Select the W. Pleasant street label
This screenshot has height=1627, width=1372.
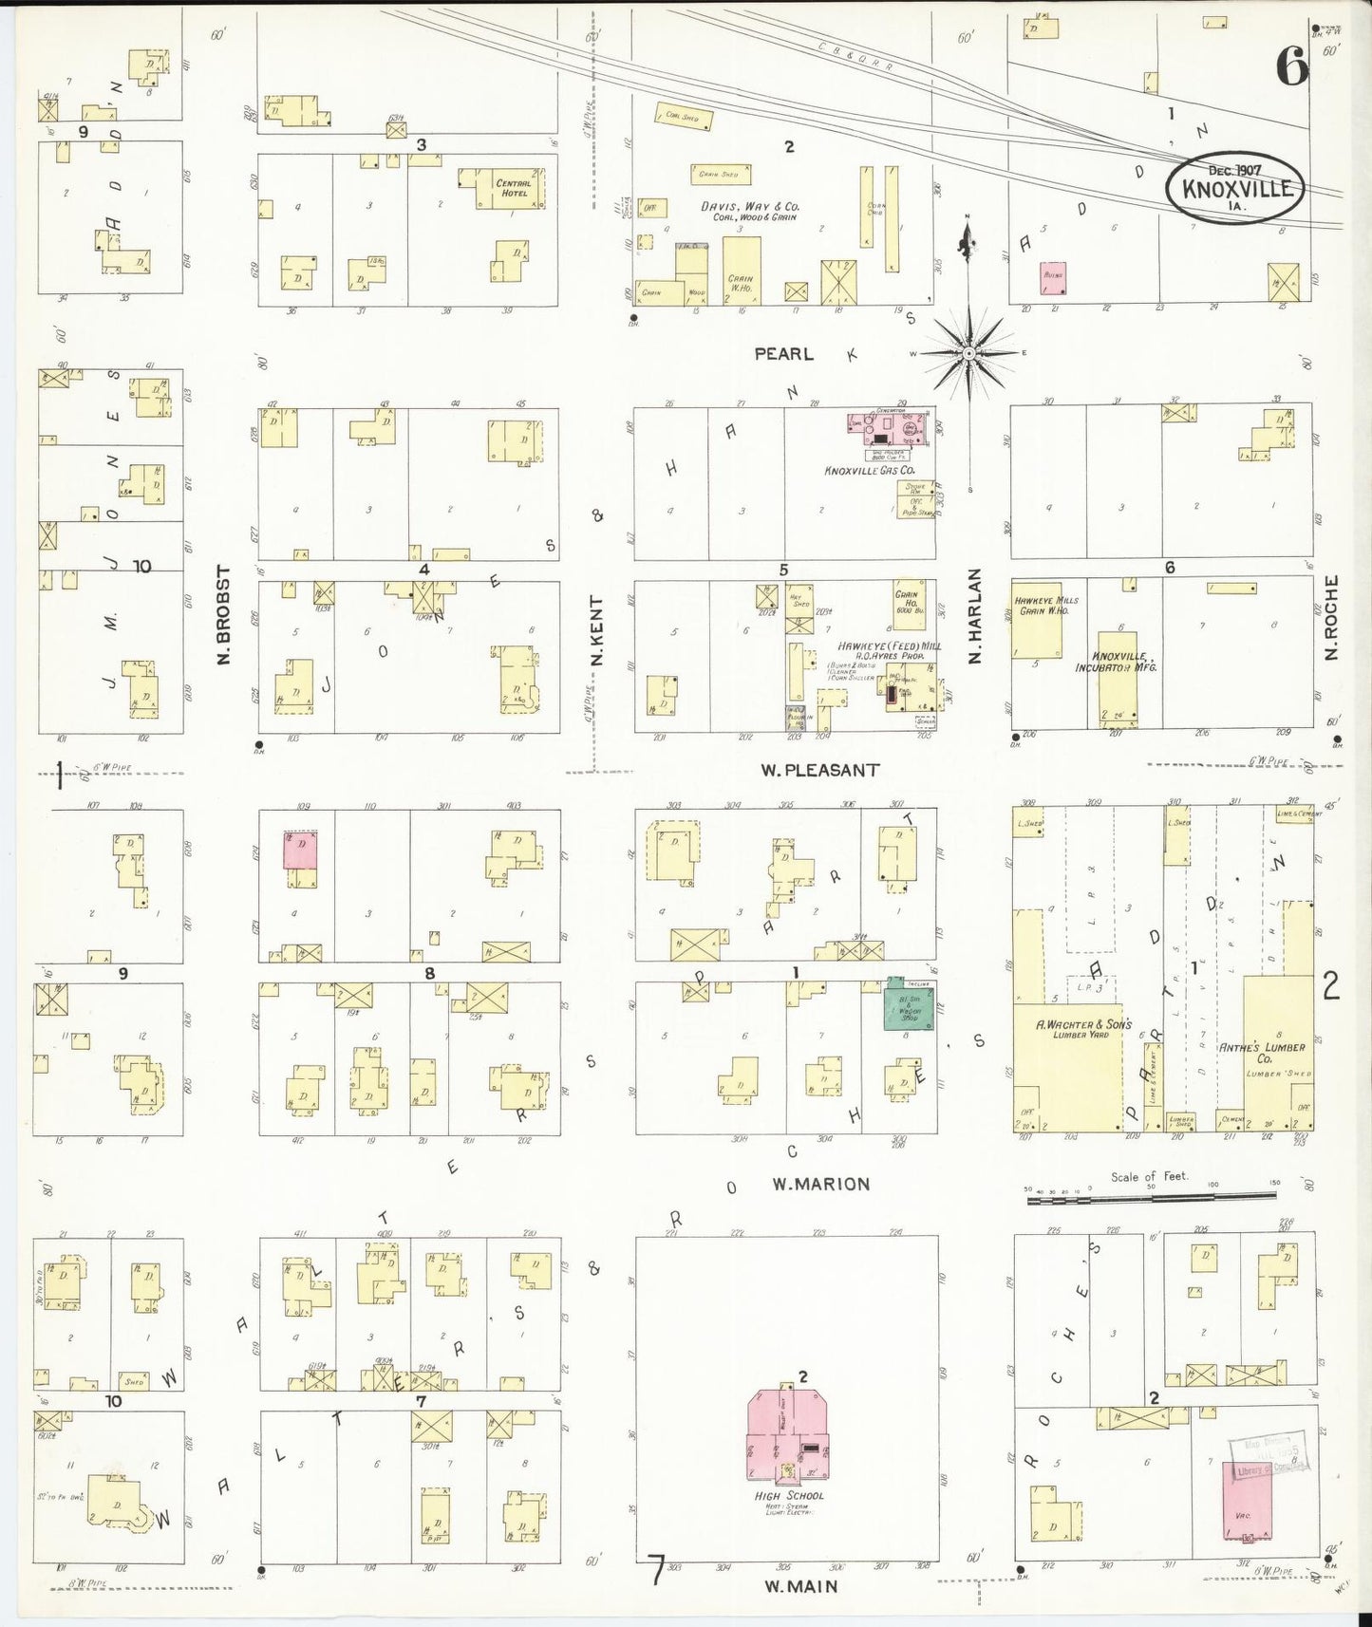click(818, 770)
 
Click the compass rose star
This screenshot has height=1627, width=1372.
click(968, 354)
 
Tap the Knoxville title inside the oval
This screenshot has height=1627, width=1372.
click(1236, 188)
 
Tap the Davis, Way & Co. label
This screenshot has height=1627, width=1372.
click(749, 211)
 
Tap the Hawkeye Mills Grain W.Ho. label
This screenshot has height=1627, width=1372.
click(1046, 606)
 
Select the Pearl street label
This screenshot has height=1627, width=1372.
click(783, 353)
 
